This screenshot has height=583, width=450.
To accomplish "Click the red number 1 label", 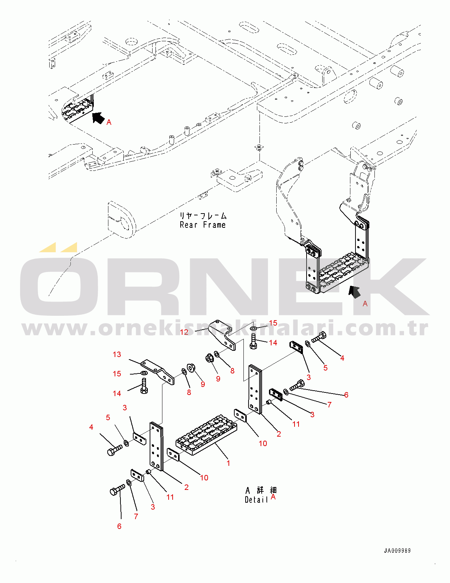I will (x=228, y=463).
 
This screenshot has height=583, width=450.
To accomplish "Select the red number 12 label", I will (x=184, y=332).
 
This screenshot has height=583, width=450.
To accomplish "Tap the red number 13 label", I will (x=117, y=354).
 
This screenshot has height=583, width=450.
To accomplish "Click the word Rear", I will (x=188, y=225).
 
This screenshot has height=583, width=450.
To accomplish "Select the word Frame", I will (x=214, y=225).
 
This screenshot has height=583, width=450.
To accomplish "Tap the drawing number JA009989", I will (x=397, y=551).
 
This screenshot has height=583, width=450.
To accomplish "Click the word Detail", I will (x=257, y=499).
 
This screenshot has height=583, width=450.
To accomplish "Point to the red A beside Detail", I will (x=273, y=497).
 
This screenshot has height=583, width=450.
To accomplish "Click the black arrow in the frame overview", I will (x=98, y=118).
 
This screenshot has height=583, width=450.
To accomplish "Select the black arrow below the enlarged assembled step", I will (x=354, y=292).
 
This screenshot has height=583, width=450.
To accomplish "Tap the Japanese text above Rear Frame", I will (x=203, y=216).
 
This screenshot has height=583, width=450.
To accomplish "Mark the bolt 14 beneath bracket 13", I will (x=144, y=386).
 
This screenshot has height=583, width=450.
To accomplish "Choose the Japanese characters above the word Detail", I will (x=261, y=490).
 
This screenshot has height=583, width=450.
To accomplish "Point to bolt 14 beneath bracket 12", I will (x=253, y=341).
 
